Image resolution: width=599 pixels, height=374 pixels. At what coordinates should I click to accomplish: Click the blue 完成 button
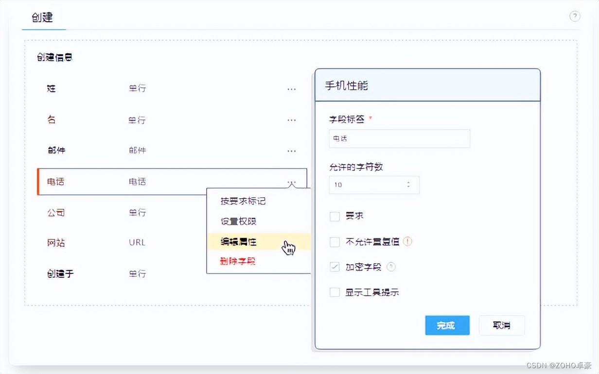click(447, 325)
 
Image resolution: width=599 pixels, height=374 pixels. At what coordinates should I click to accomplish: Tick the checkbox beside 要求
click(335, 216)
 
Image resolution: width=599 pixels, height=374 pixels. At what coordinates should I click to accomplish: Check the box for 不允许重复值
click(335, 242)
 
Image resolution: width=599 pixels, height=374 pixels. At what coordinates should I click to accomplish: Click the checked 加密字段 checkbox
click(335, 267)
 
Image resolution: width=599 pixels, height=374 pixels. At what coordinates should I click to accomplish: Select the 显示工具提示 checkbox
click(335, 292)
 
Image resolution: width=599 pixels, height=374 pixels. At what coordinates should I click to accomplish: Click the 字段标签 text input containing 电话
click(399, 138)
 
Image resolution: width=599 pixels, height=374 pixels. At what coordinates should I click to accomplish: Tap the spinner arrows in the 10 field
click(408, 185)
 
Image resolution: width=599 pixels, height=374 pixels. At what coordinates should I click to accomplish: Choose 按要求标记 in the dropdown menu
click(243, 201)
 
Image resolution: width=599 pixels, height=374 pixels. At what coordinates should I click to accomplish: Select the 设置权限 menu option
click(238, 221)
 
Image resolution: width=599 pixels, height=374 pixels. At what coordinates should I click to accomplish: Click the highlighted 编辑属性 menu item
click(238, 242)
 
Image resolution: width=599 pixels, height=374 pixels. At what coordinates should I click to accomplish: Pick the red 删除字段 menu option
click(237, 262)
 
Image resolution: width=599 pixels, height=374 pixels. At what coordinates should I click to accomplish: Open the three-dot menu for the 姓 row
click(291, 89)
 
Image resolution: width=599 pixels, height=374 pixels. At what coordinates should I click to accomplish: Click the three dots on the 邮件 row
click(291, 151)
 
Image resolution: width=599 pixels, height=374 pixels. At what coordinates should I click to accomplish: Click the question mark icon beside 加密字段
click(391, 267)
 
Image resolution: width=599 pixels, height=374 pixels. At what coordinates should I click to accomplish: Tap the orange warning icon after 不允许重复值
click(407, 241)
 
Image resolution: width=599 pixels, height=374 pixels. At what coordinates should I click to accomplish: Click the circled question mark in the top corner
click(575, 17)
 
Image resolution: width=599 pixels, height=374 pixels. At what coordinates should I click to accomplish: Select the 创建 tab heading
click(43, 18)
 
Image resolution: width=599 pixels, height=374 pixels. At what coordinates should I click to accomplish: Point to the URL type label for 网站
click(137, 242)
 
